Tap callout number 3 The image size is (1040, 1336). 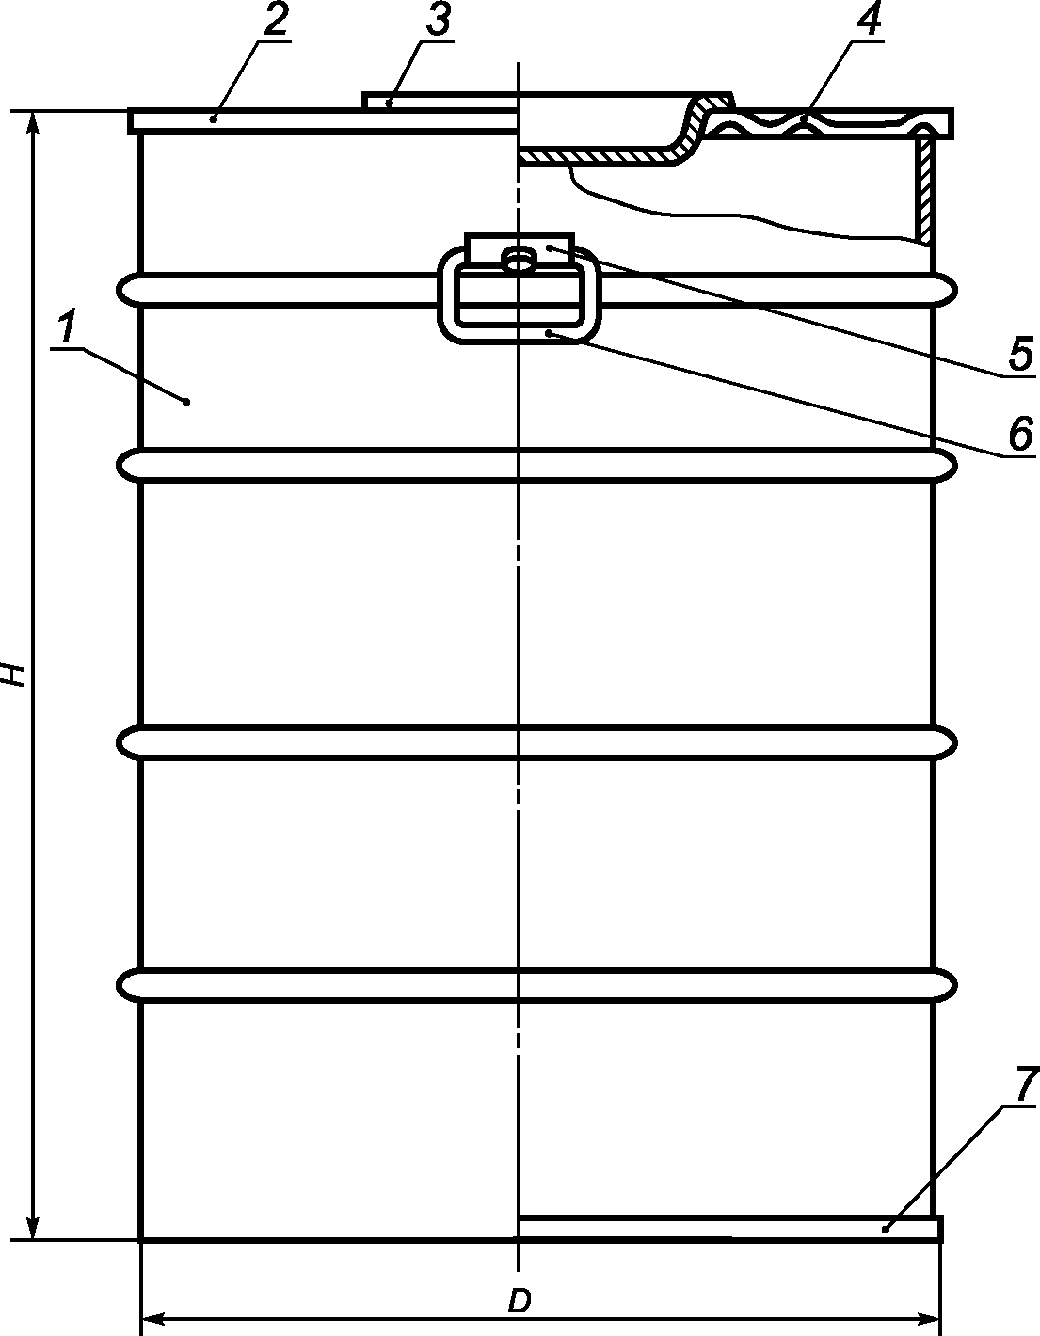438,22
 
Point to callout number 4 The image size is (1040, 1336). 869,21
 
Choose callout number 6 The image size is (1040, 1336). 1019,433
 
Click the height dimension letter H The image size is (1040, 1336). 13,675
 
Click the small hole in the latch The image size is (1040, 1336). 520,259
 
